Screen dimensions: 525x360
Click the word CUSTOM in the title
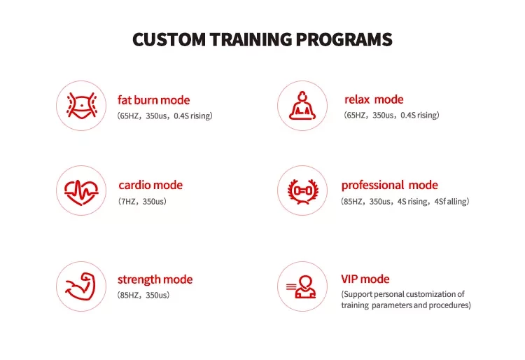169,39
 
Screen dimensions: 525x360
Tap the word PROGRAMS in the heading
344,39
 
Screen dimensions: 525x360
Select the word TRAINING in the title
251,39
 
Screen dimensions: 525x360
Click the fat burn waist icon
81,105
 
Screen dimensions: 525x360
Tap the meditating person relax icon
302,105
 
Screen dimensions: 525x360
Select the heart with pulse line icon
81,192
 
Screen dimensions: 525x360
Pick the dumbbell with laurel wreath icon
303,191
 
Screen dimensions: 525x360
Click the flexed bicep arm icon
80,286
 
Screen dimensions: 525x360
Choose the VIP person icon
301,286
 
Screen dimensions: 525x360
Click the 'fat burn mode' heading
154,99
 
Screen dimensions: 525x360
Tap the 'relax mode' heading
374,99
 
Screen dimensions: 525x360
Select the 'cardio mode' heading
150,185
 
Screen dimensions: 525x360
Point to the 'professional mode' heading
390,186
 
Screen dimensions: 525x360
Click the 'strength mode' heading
155,279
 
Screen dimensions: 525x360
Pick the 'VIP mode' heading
365,279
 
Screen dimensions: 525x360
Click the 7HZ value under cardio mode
128,201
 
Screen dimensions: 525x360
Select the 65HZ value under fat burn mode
129,116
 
